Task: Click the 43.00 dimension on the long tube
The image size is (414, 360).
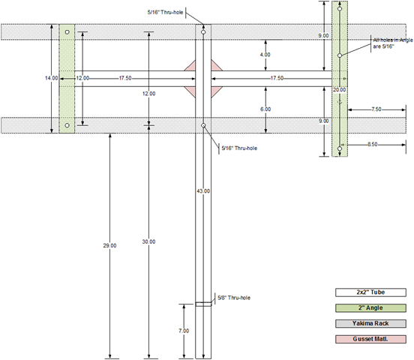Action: [203, 191]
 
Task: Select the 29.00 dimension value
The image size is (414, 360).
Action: [109, 246]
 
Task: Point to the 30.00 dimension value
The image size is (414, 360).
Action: [149, 241]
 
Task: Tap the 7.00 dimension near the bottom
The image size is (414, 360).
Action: [184, 331]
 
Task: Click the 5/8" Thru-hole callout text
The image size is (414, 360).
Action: [234, 298]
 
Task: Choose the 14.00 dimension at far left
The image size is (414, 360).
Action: [52, 78]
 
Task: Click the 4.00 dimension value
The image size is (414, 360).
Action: [265, 55]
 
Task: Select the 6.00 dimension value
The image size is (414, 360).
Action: [265, 109]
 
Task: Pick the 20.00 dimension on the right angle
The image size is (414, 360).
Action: [339, 90]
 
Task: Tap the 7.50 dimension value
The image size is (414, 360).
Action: [376, 109]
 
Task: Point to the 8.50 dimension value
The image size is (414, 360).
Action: [373, 145]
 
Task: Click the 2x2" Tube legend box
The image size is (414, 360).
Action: [370, 292]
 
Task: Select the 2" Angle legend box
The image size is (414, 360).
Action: [370, 308]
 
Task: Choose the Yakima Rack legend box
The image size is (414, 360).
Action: [370, 323]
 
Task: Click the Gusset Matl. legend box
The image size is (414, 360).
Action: [370, 339]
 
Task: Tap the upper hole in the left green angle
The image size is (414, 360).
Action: [67, 32]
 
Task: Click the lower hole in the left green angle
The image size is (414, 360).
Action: [67, 125]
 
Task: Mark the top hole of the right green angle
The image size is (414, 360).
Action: [340, 9]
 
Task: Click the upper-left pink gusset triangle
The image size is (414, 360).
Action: [192, 67]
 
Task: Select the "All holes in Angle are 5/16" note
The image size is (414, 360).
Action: [393, 43]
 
